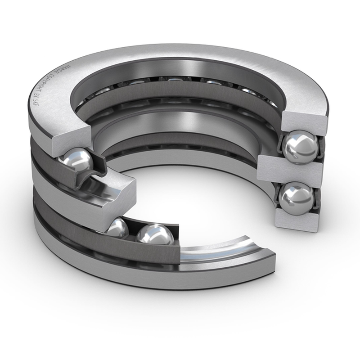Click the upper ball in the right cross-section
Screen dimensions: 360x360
[300, 146]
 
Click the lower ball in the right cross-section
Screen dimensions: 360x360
[296, 198]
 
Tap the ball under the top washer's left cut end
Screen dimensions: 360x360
[77, 160]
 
